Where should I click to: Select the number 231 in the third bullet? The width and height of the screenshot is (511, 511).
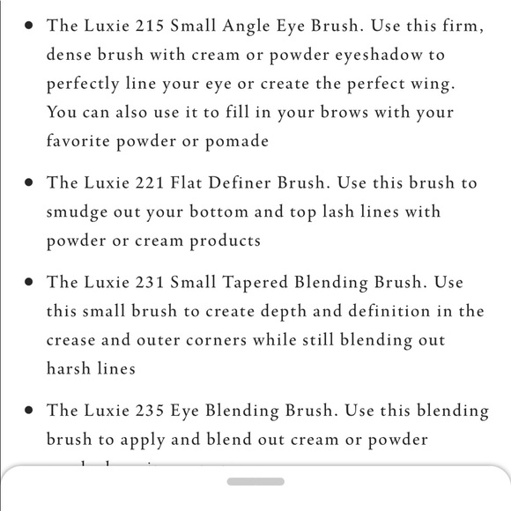coord(151,283)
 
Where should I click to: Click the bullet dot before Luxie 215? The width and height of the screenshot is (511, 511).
coord(29,26)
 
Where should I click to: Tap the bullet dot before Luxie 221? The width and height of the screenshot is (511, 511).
coord(29,183)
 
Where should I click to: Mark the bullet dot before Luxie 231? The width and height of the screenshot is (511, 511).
coord(29,283)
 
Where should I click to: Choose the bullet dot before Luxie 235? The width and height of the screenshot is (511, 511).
coord(29,411)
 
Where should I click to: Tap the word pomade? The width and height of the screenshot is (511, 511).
coord(238,141)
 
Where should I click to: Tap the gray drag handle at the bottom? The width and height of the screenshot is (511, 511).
coord(255,481)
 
